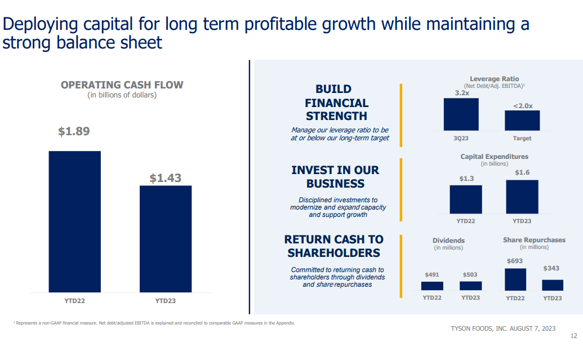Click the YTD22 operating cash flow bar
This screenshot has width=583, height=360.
click(74, 221)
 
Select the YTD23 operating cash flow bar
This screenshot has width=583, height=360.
click(165, 238)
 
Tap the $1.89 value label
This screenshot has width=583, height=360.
click(74, 131)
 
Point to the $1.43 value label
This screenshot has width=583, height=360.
click(165, 178)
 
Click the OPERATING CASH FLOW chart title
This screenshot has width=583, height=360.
click(122, 85)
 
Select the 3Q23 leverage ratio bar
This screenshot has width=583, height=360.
click(461, 114)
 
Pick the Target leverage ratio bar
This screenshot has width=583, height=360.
click(522, 121)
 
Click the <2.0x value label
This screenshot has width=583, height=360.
click(522, 106)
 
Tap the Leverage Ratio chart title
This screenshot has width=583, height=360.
click(495, 79)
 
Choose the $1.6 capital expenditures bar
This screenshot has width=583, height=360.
click(522, 197)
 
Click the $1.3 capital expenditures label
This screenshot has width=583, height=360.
click(466, 178)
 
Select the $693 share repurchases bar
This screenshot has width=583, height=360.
click(515, 279)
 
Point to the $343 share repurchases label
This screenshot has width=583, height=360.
click(551, 268)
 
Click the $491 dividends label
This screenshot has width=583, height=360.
click(432, 274)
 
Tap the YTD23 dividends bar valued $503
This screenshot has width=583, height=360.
click(470, 286)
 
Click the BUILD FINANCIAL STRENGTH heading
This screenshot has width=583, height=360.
click(336, 103)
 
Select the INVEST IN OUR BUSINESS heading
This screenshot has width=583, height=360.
click(335, 177)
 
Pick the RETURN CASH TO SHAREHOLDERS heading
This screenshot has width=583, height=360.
click(333, 246)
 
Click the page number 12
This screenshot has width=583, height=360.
click(573, 336)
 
